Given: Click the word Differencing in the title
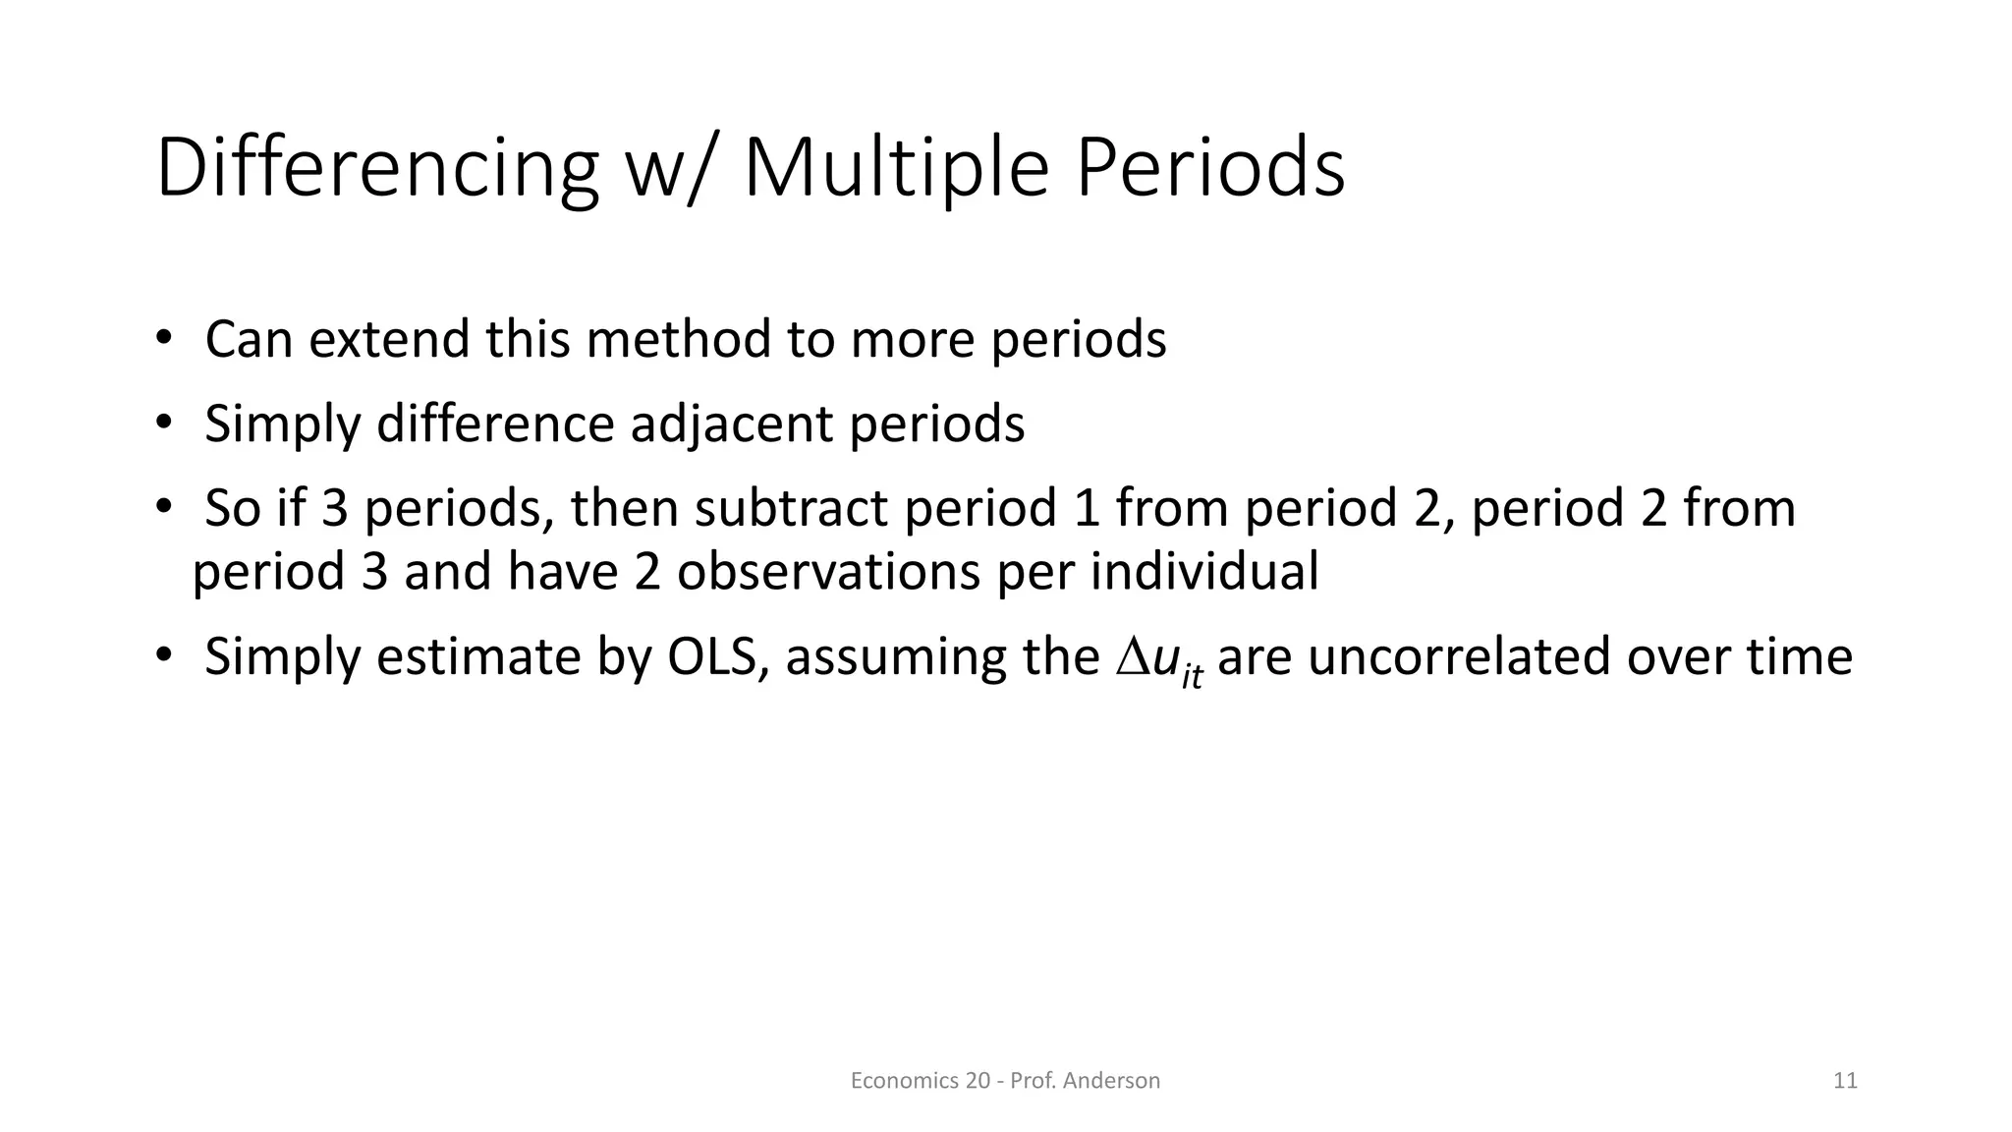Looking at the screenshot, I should coord(376,169).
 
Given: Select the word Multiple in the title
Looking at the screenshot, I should coord(896,169).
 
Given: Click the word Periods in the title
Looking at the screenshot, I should coord(1209,169).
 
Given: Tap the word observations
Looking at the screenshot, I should coord(828,571).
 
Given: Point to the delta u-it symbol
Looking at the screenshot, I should coord(1158,660).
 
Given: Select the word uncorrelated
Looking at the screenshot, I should coord(1458,656).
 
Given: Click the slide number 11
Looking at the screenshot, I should coord(1844,1081).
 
